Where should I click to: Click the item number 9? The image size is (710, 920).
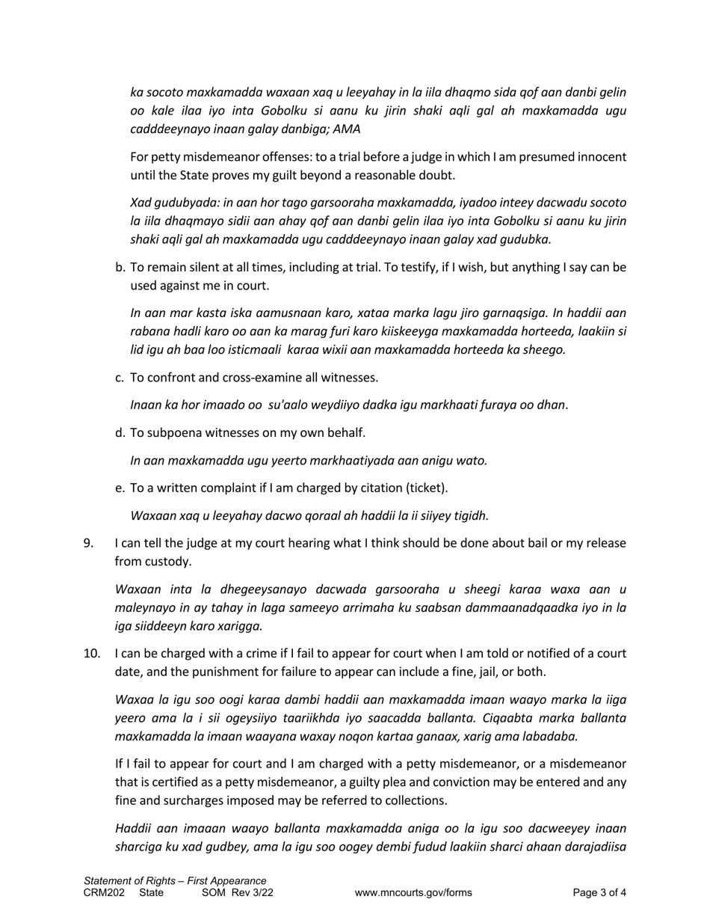[89, 543]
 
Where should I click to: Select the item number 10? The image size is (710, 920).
[92, 654]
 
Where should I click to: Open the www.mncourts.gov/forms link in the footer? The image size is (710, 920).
[413, 892]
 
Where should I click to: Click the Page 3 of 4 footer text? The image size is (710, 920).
[599, 892]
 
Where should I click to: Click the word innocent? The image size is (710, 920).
[599, 157]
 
